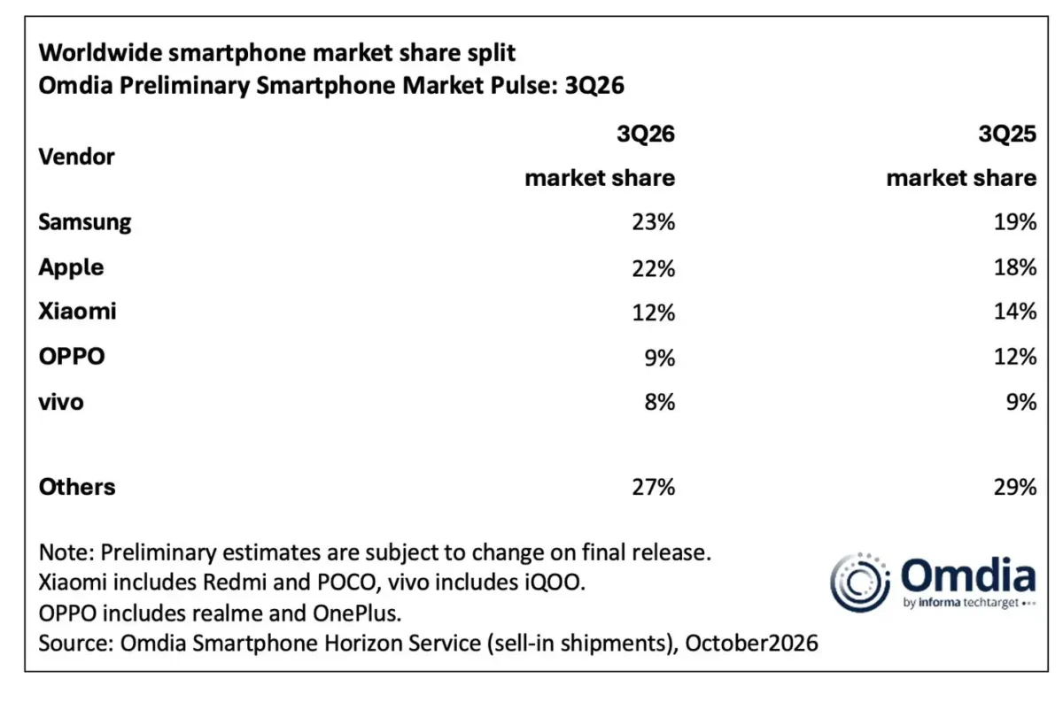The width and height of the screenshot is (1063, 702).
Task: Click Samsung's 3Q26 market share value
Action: [x=653, y=222]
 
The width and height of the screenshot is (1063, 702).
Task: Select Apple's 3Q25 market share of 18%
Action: [x=1015, y=267]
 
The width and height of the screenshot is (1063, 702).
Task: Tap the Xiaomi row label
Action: [x=77, y=312]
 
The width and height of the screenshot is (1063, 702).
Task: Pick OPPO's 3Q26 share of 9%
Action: [x=660, y=357]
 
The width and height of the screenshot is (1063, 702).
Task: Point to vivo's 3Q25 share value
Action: [x=1021, y=402]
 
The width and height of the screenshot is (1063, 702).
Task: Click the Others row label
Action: [x=77, y=487]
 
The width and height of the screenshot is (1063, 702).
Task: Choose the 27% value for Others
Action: [x=653, y=487]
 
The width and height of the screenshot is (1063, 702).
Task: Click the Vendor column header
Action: [x=76, y=157]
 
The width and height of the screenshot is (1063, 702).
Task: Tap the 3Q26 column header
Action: [x=646, y=134]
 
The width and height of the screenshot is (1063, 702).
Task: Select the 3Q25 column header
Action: [x=1007, y=134]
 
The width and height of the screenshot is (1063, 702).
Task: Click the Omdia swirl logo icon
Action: [x=860, y=582]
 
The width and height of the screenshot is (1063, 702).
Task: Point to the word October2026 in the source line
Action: [x=752, y=644]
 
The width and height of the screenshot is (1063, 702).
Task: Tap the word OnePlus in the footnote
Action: [x=357, y=613]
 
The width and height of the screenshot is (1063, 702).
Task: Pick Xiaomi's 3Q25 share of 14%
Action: [x=1015, y=312]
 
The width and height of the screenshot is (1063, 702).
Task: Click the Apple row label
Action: [x=71, y=267]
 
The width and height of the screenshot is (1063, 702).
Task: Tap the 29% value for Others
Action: [x=1015, y=487]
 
